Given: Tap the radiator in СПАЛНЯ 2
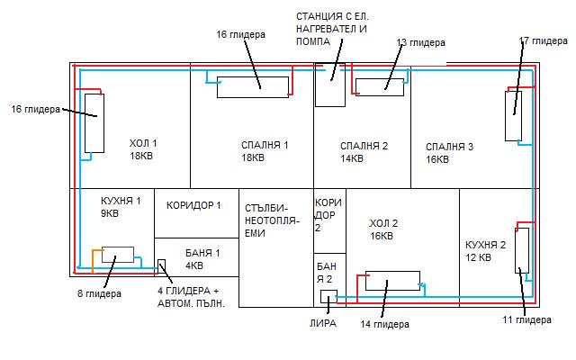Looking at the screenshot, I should pyautogui.click(x=379, y=86).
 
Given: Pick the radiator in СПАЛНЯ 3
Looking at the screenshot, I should pyautogui.click(x=513, y=114).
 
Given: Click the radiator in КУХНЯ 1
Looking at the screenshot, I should pyautogui.click(x=117, y=255).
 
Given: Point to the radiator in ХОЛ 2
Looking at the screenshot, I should pyautogui.click(x=391, y=281).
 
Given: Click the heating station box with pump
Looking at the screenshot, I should pyautogui.click(x=329, y=85).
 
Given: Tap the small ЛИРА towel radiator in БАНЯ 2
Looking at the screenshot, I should pyautogui.click(x=328, y=297).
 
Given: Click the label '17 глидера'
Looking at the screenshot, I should pyautogui.click(x=543, y=41).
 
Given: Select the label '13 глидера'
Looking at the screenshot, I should pyautogui.click(x=421, y=42).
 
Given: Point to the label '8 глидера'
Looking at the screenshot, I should pyautogui.click(x=99, y=293).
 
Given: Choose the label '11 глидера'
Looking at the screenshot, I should pyautogui.click(x=526, y=319).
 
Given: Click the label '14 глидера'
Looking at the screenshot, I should pyautogui.click(x=384, y=323).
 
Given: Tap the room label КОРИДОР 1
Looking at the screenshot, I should pyautogui.click(x=193, y=205).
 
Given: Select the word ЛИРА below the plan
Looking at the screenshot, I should pyautogui.click(x=321, y=323).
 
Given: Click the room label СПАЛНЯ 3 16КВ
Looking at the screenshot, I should pyautogui.click(x=449, y=152).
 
